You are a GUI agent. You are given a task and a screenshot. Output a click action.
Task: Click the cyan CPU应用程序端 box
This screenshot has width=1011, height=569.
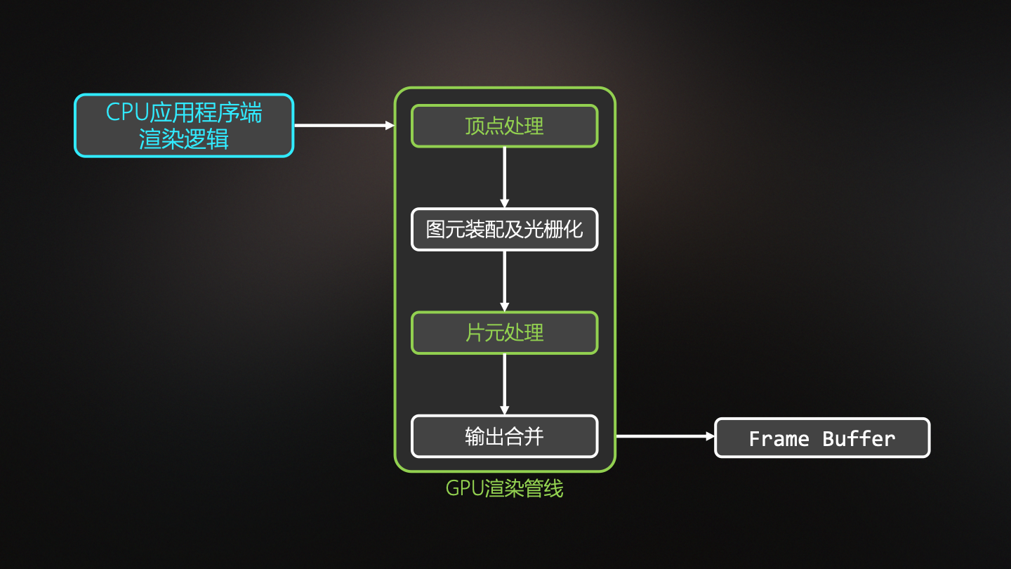pyautogui.click(x=184, y=125)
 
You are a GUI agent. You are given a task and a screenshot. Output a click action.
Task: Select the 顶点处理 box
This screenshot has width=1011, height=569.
pyautogui.click(x=504, y=126)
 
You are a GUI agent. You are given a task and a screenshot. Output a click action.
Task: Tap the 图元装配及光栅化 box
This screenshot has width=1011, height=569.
pyautogui.click(x=504, y=229)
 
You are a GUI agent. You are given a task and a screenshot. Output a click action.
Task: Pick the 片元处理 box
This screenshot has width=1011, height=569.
pyautogui.click(x=504, y=332)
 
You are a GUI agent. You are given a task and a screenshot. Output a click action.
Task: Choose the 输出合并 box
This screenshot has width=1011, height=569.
pyautogui.click(x=504, y=436)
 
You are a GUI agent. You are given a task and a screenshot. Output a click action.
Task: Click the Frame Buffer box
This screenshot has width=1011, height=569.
pyautogui.click(x=822, y=438)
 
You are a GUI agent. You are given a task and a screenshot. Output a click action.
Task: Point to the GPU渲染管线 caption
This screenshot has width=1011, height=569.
pyautogui.click(x=504, y=488)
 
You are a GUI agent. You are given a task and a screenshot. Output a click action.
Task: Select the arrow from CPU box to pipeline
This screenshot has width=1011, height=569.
pyautogui.click(x=343, y=126)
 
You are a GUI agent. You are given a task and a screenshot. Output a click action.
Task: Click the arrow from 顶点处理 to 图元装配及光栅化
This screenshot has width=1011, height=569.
pyautogui.click(x=504, y=177)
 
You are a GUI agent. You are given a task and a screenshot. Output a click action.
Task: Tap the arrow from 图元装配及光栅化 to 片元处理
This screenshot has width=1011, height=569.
pyautogui.click(x=504, y=280)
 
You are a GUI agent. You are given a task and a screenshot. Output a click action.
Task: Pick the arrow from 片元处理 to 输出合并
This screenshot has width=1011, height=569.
pyautogui.click(x=504, y=384)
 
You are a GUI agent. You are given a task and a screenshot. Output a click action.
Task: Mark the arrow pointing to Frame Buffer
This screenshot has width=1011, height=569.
pyautogui.click(x=664, y=436)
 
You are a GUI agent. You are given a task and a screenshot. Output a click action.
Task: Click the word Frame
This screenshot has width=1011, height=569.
pyautogui.click(x=779, y=439)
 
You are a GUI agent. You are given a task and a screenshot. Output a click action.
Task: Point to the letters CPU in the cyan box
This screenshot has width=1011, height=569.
pyautogui.click(x=127, y=112)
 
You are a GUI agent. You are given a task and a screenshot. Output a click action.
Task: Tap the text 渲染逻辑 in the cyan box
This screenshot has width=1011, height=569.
pyautogui.click(x=184, y=138)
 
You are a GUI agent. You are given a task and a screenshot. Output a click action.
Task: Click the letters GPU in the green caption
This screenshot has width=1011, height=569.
pyautogui.click(x=462, y=488)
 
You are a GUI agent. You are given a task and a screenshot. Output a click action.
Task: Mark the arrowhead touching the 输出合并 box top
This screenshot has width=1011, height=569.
pyautogui.click(x=504, y=410)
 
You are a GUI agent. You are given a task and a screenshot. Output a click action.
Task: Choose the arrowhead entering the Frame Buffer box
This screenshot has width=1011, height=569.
pyautogui.click(x=710, y=436)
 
